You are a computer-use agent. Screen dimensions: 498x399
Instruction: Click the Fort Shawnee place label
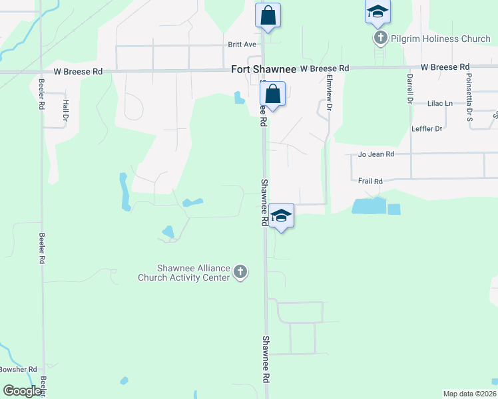click(x=264, y=69)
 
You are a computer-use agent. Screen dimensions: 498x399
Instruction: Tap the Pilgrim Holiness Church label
click(x=441, y=39)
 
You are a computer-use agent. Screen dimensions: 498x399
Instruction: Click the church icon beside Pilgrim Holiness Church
click(x=380, y=38)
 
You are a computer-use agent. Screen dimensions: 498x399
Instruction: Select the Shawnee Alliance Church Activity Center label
click(x=184, y=273)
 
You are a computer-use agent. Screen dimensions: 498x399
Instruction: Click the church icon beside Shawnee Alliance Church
click(x=241, y=271)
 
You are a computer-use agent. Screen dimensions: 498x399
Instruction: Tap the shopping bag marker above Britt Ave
click(x=268, y=16)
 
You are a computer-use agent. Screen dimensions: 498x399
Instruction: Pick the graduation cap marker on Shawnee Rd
click(x=281, y=216)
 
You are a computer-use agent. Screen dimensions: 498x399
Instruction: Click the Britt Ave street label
click(x=242, y=45)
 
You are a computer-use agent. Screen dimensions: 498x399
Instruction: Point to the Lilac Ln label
click(x=439, y=103)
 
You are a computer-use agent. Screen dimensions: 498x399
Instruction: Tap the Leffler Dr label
click(x=427, y=128)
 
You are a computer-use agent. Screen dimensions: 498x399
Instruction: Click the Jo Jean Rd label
click(x=376, y=154)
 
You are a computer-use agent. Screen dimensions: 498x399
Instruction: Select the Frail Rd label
click(x=370, y=181)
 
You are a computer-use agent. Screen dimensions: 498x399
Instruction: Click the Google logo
click(x=22, y=391)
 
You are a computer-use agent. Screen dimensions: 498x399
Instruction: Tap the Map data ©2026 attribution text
click(x=469, y=394)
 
